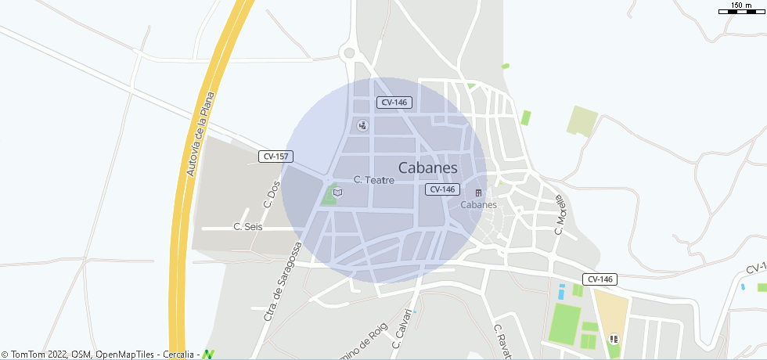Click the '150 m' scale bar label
741,5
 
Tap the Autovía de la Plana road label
200,135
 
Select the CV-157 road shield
275,157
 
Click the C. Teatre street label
373,180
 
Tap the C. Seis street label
248,227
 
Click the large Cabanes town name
427,167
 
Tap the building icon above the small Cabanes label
478,193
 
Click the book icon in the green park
337,192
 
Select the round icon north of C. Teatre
362,125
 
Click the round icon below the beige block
613,339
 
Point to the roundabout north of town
349,53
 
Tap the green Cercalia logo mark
208,355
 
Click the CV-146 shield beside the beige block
600,279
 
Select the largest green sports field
564,323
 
